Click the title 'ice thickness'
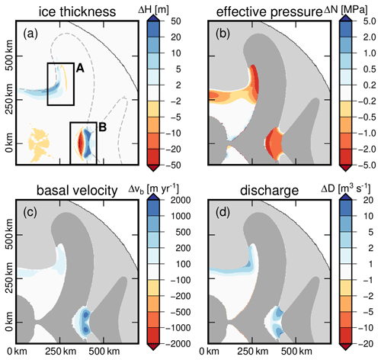click(x=77, y=12)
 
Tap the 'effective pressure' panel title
click(x=269, y=12)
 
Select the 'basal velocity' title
click(x=77, y=191)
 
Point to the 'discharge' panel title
click(x=269, y=191)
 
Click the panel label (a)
click(x=30, y=34)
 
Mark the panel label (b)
click(x=223, y=34)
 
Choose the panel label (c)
click(x=30, y=213)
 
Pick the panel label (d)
click(x=223, y=213)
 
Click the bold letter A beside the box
click(x=80, y=68)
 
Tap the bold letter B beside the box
click(x=102, y=127)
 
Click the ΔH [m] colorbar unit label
click(x=153, y=10)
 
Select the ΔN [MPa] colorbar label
click(x=346, y=10)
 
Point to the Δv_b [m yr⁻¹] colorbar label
click(x=153, y=188)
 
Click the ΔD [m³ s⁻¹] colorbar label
click(x=346, y=188)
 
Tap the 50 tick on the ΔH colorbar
click(x=176, y=21)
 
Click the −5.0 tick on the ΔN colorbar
click(x=367, y=166)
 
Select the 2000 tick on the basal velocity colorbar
click(x=181, y=200)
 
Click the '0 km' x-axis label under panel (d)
click(x=209, y=352)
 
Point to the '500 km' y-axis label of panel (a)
click(x=10, y=56)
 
